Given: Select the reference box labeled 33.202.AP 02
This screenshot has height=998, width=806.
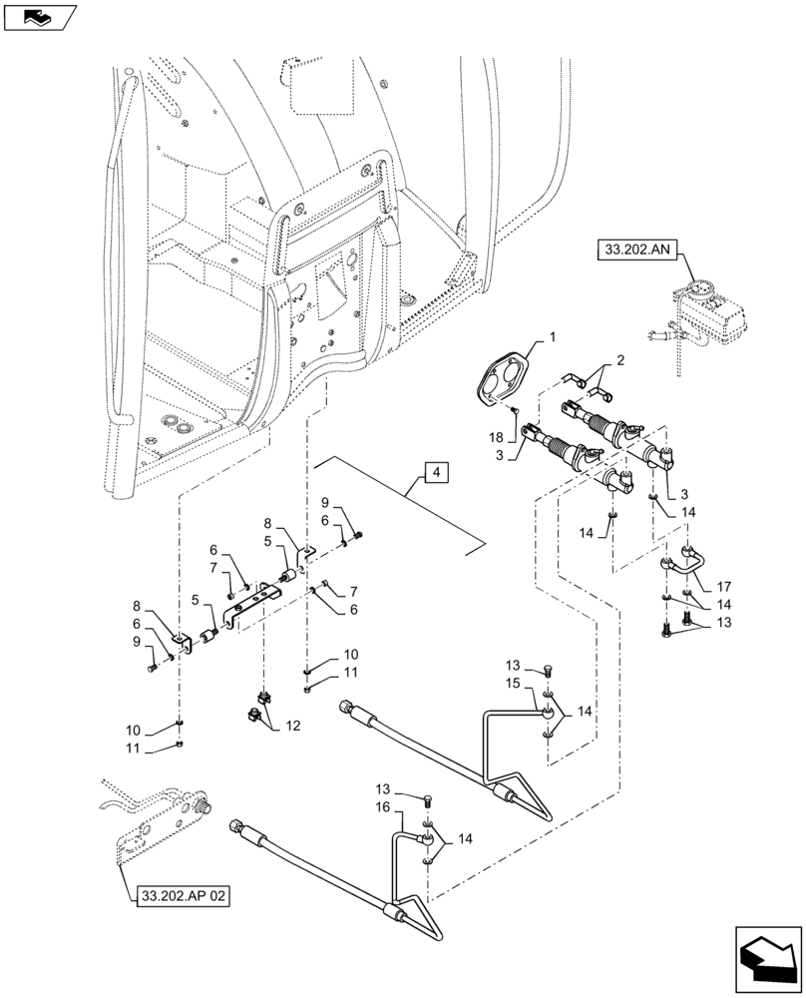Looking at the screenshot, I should tap(179, 896).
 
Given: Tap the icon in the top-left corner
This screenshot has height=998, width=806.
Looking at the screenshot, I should tap(38, 16).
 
